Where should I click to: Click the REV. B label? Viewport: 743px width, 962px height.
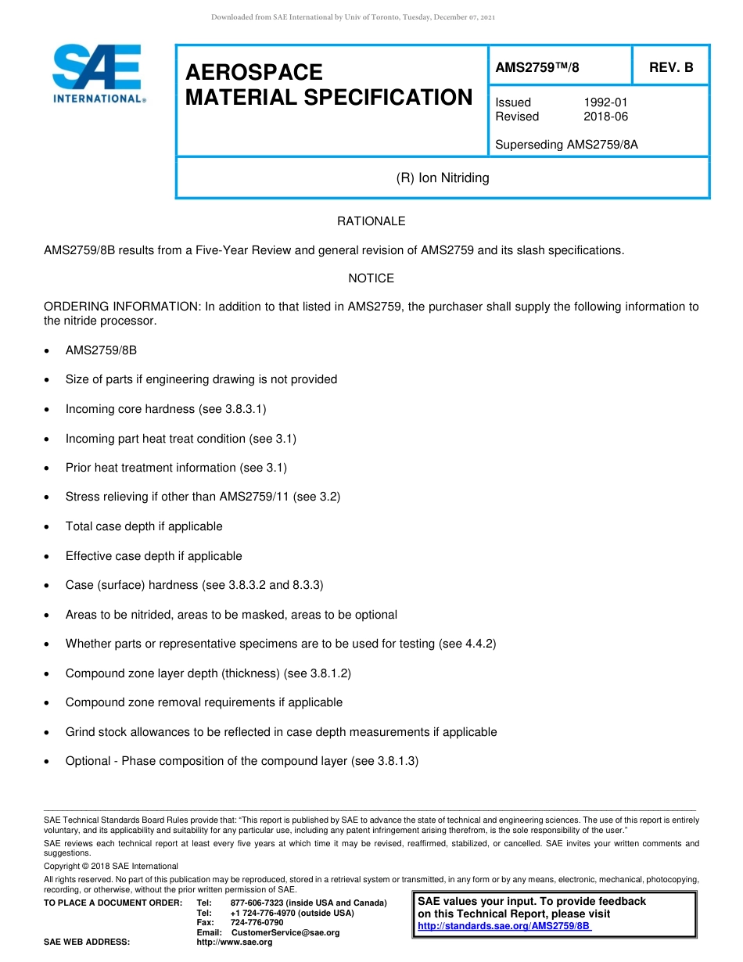[671, 68]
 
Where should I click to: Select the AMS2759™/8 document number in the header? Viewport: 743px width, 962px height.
[537, 68]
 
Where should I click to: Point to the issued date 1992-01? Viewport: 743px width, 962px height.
[605, 102]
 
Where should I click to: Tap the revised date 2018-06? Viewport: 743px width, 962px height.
[605, 117]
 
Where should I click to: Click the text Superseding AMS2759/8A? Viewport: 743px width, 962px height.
[566, 144]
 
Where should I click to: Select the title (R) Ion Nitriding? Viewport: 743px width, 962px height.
[443, 178]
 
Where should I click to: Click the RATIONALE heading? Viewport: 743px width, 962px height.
[371, 221]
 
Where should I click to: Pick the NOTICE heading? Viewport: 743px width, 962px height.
[371, 278]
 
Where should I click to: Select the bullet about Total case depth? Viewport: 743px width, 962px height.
[144, 526]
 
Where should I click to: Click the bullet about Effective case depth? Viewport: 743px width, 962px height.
[153, 556]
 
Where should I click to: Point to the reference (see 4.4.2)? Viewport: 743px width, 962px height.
[468, 644]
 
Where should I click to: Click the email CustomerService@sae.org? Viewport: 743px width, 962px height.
[285, 932]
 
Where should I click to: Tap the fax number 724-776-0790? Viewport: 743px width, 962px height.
[257, 922]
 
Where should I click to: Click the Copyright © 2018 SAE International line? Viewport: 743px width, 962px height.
[111, 866]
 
